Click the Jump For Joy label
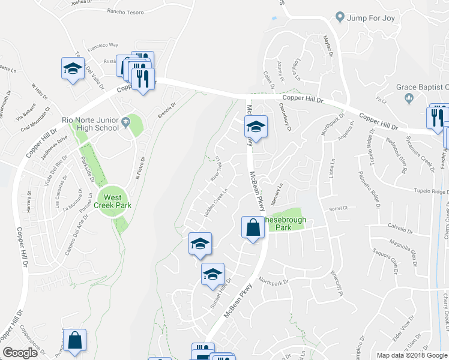pyautogui.click(x=371, y=17)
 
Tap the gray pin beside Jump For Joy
pyautogui.click(x=340, y=17)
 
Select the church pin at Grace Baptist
pyautogui.click(x=411, y=98)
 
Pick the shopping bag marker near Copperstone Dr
pyautogui.click(x=74, y=341)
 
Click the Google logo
pyautogui.click(x=20, y=353)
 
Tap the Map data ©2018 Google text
pyautogui.click(x=411, y=355)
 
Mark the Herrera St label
pyautogui.click(x=28, y=201)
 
